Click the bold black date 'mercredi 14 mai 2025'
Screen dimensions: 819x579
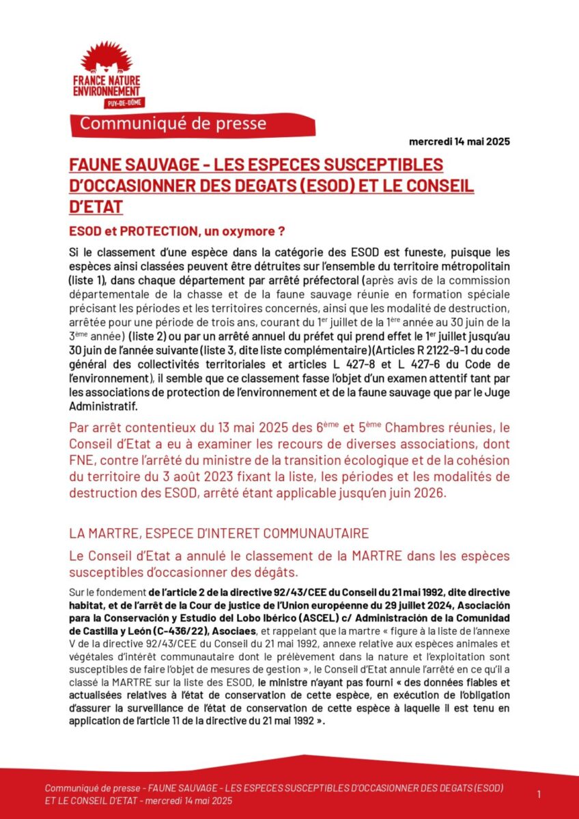tap(459, 142)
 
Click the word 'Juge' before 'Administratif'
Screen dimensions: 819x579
tap(498, 392)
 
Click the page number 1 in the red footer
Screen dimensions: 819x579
tap(539, 794)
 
